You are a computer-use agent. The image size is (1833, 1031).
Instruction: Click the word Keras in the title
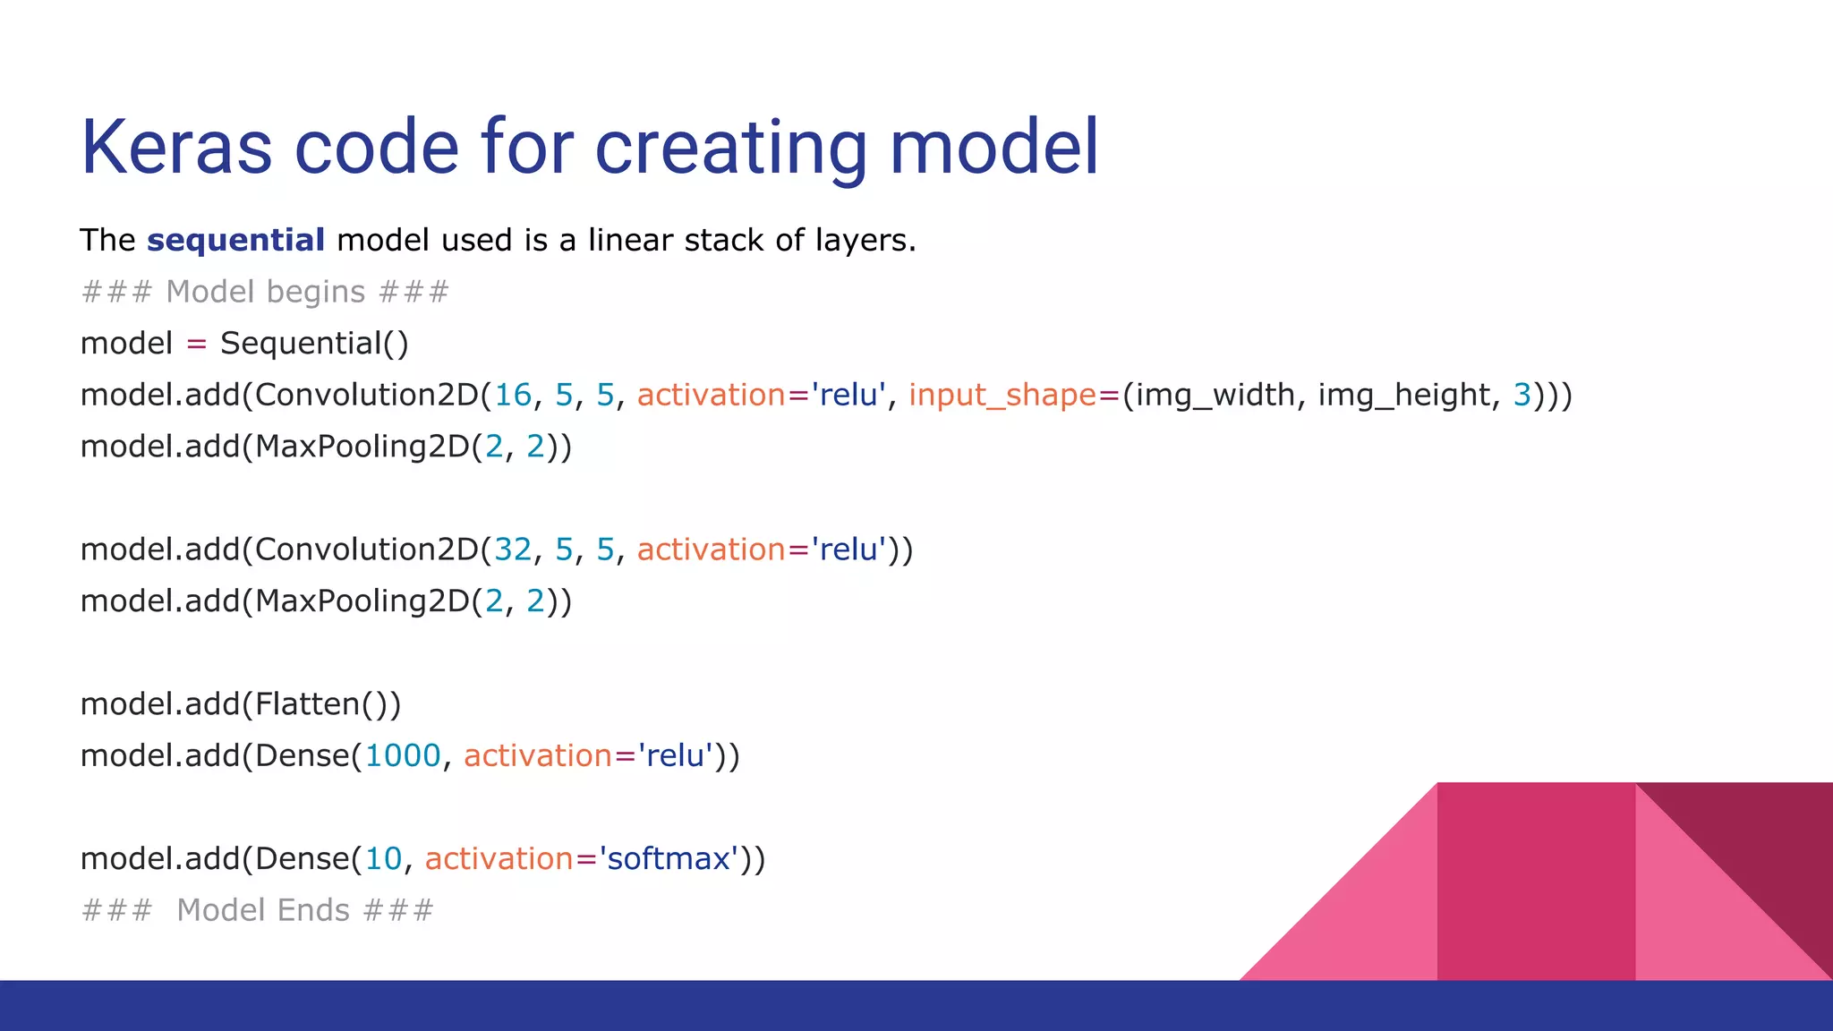point(176,147)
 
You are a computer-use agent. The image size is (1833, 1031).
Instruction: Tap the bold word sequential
point(235,240)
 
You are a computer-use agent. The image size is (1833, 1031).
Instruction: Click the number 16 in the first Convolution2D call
point(513,395)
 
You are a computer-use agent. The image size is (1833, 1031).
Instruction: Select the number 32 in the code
point(513,550)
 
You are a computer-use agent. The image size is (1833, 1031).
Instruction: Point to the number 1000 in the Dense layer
point(403,756)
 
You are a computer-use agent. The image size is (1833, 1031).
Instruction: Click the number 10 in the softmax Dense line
point(383,859)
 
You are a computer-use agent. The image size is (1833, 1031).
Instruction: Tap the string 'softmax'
point(669,859)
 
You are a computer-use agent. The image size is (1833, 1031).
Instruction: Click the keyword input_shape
point(1002,395)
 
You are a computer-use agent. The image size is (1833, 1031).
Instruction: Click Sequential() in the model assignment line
point(314,344)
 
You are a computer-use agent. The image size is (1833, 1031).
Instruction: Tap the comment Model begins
point(265,292)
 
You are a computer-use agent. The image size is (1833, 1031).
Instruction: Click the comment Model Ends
point(263,910)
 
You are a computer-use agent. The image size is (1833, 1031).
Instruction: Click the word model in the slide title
point(993,147)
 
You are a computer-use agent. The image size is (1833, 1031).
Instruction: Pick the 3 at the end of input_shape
point(1522,395)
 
